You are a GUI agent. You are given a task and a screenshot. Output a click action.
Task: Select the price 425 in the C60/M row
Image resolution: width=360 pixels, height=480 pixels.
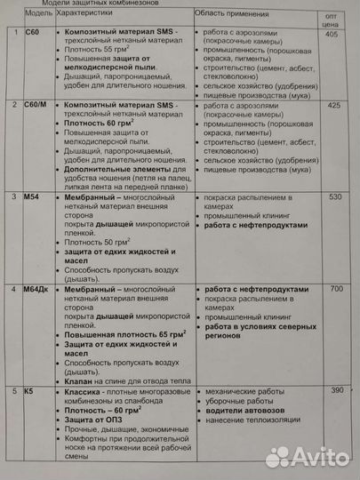coord(334,107)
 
